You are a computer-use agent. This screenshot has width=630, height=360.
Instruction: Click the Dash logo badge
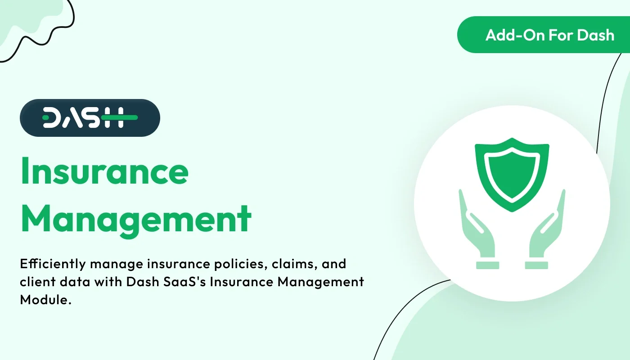[90, 118]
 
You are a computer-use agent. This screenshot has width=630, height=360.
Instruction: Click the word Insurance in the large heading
[104, 171]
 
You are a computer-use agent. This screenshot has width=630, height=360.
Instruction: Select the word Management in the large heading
[135, 219]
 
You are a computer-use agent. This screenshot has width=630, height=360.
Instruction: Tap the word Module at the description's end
[45, 300]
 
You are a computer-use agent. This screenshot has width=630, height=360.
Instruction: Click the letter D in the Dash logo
[53, 118]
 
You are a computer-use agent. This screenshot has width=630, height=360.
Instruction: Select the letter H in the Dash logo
[112, 118]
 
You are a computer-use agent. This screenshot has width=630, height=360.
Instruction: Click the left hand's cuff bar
[487, 265]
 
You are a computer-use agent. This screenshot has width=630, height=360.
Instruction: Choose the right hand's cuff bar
[537, 265]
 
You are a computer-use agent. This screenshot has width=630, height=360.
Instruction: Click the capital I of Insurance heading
[25, 171]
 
